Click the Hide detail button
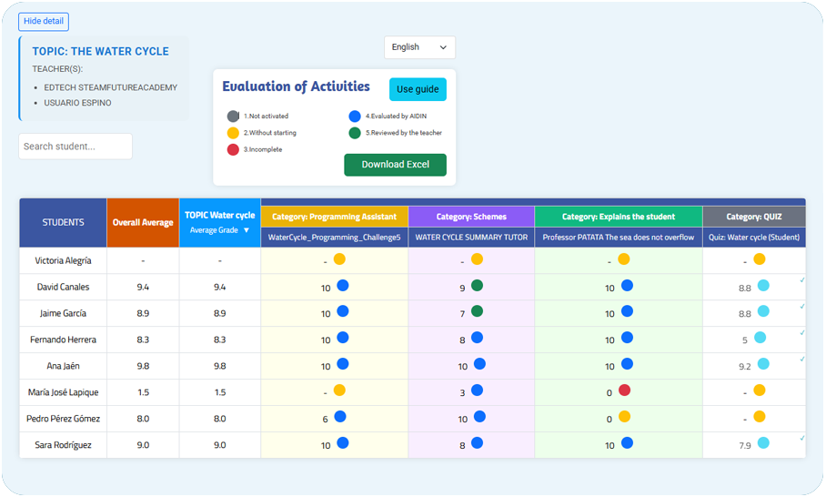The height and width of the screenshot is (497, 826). pos(44,22)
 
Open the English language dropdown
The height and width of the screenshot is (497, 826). pos(419,47)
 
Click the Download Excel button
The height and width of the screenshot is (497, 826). pos(395,165)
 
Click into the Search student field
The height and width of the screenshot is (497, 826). pos(76,147)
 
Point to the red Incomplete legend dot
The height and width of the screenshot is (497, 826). pos(234,149)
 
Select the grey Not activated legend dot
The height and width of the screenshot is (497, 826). pos(234,117)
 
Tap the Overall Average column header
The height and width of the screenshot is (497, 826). pos(143,223)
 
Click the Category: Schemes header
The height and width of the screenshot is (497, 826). pos(471,217)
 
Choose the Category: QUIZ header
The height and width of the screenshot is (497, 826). pos(753,217)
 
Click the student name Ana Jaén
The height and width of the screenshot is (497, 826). pos(63,366)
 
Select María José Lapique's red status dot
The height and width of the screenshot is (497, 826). pos(624,390)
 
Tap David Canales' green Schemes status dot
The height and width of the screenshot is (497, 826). pos(477,286)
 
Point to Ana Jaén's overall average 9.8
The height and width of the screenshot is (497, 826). pos(143,366)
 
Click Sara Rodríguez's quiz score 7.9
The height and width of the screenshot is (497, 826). pos(745,446)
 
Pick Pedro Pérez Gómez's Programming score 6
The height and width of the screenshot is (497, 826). pos(326,420)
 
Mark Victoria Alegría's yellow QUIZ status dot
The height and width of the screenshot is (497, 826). pos(760,259)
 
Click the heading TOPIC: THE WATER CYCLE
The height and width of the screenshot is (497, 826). pos(101,52)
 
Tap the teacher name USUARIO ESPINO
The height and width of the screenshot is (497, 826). pos(78,103)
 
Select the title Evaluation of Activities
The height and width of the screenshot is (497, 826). pos(296,87)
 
